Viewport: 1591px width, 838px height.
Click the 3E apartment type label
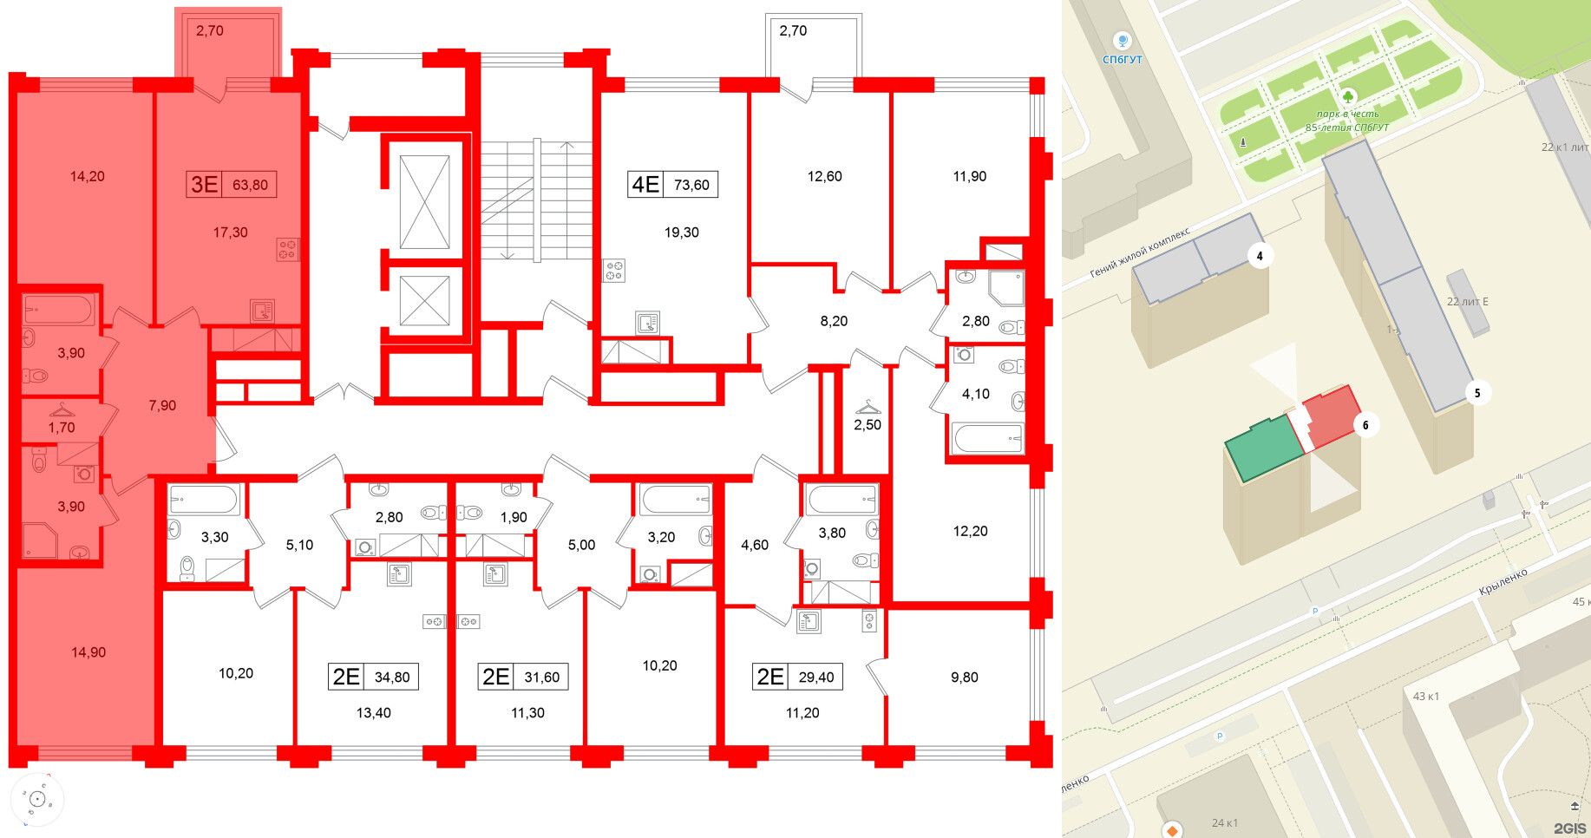click(204, 185)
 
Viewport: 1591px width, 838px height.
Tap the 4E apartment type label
click(645, 185)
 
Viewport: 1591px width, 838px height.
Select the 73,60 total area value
click(691, 185)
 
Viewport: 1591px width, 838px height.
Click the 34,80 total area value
click(392, 678)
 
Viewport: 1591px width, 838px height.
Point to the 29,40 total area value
click(816, 678)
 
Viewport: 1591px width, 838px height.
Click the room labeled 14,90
click(88, 652)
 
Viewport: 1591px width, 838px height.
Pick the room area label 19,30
click(682, 232)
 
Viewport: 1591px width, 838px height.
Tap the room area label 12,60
click(825, 176)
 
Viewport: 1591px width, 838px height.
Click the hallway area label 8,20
click(834, 321)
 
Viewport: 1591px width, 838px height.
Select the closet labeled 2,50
click(868, 425)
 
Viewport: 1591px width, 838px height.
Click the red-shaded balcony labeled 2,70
click(210, 31)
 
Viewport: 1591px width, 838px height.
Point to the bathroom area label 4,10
click(976, 394)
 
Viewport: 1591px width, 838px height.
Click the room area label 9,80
click(965, 678)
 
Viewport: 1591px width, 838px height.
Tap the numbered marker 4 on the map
click(1260, 256)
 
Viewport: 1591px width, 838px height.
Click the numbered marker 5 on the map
click(1477, 393)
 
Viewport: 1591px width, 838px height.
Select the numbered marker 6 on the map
click(1365, 425)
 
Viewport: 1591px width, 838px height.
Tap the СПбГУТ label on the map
click(1123, 59)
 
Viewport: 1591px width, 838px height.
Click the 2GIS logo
click(1569, 828)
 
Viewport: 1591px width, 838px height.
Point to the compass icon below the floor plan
click(37, 799)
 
